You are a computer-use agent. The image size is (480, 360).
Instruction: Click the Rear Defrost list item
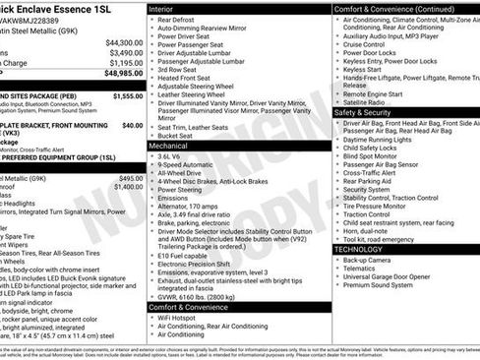[177, 20]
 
